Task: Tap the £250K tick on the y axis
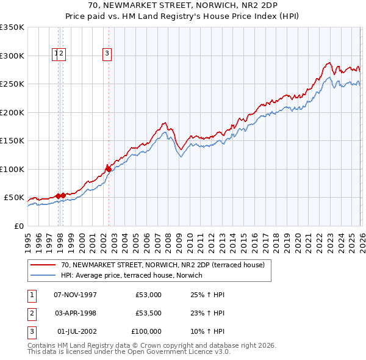[12, 84]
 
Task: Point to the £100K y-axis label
[12, 169]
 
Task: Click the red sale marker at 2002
[108, 168]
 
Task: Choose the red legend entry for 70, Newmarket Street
[162, 265]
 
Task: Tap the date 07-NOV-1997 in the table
[75, 295]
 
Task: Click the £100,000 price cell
[146, 331]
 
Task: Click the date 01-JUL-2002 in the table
[75, 331]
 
